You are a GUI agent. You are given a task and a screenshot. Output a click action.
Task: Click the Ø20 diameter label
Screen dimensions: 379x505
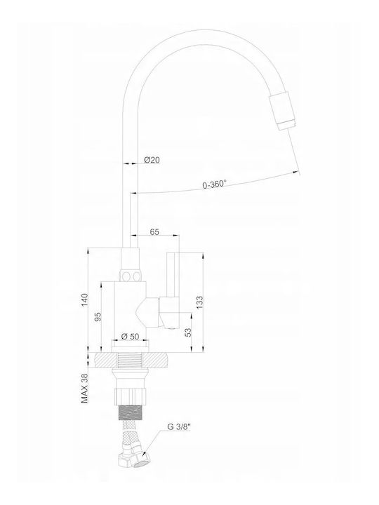coord(152,159)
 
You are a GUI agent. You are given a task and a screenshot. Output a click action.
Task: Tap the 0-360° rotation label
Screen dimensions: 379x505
coord(214,184)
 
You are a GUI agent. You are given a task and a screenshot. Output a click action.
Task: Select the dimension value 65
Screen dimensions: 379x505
coord(154,231)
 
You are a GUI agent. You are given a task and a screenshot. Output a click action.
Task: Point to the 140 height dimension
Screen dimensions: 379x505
coord(84,299)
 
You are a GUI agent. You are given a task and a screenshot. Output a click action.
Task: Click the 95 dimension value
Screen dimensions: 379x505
coord(98,316)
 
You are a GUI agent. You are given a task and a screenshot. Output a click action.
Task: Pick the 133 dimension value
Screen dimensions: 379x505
coord(199,302)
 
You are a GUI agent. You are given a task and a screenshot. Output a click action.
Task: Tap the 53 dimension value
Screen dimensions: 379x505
coord(188,332)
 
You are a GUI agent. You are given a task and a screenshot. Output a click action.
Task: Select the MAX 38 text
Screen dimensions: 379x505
coord(84,388)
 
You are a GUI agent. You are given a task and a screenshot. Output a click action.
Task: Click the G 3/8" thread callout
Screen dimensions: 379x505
coord(179,427)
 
